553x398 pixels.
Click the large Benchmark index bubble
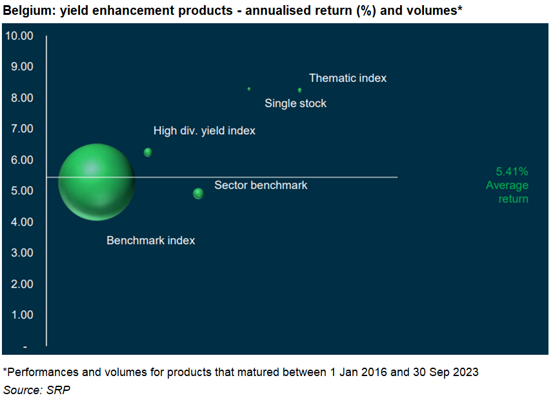[x=97, y=182]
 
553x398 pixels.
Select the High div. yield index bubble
[x=148, y=152]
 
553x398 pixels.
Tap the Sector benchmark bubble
[x=198, y=194]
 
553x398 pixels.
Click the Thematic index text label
[x=348, y=78]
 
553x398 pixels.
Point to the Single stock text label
[x=296, y=103]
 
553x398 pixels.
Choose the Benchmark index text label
[x=150, y=241]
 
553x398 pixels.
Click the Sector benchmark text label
[x=261, y=185]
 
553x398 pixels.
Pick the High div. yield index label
[x=204, y=131]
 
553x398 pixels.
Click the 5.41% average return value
[x=512, y=172]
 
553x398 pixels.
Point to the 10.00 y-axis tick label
[x=19, y=35]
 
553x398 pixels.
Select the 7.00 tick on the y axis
[x=22, y=128]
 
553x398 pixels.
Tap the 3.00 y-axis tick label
[x=22, y=253]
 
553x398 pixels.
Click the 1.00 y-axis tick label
[x=22, y=315]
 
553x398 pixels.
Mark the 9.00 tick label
[x=22, y=66]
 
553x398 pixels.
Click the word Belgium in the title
[x=30, y=11]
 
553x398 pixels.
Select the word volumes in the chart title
[x=434, y=10]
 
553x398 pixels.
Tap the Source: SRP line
[x=37, y=390]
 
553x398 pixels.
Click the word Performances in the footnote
[x=43, y=372]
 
